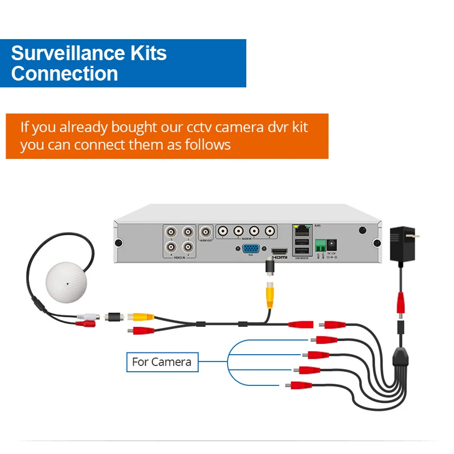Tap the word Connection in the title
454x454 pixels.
pos(64,74)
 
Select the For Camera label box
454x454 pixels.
pos(162,361)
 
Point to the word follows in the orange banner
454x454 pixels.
pos(209,145)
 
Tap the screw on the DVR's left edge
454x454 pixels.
pos(119,243)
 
